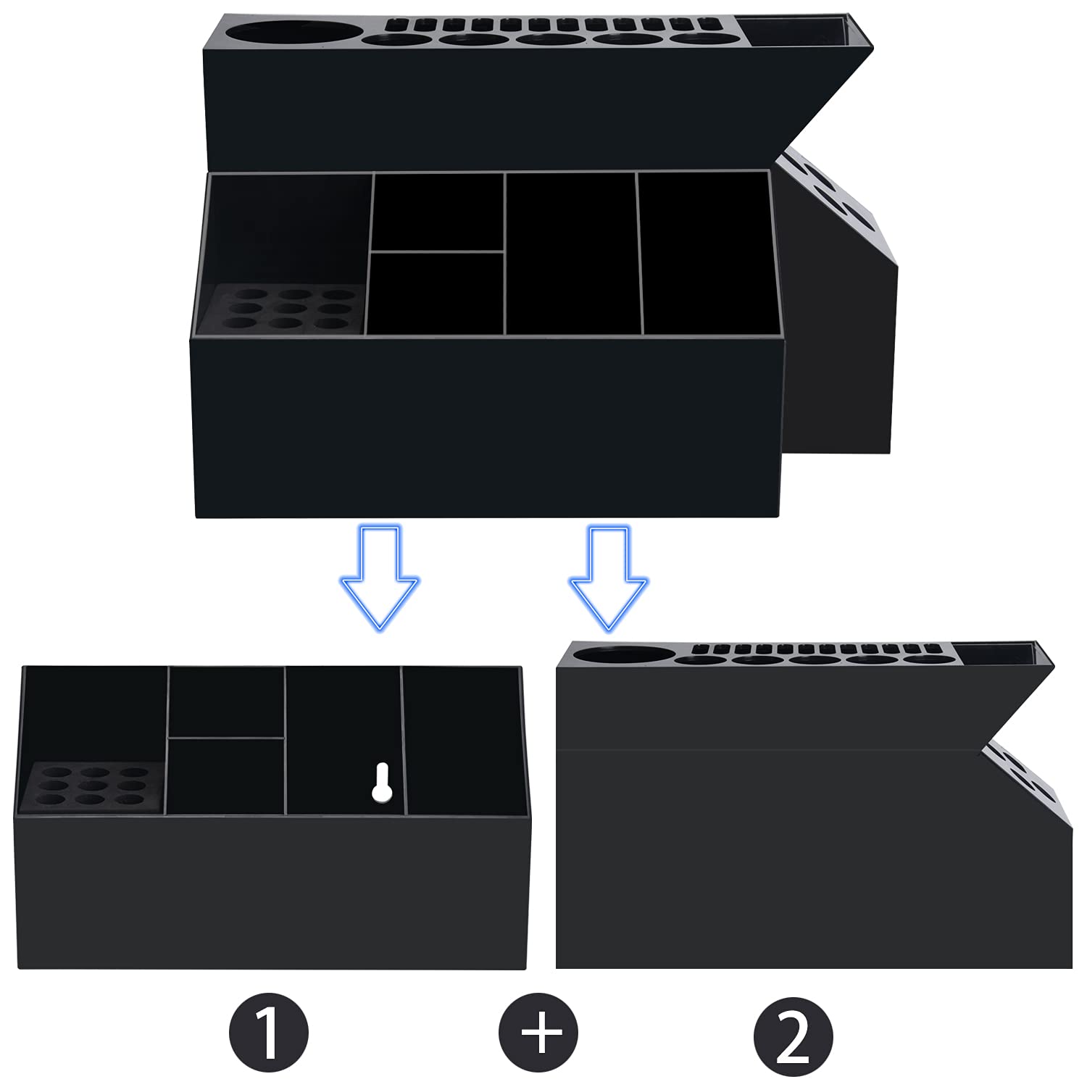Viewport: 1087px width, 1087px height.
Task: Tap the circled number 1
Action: pos(268,1033)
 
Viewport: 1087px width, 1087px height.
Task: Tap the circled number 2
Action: pos(793,1033)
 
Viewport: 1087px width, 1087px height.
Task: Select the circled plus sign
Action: pos(538,1033)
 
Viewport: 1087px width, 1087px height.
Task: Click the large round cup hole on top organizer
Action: pos(294,35)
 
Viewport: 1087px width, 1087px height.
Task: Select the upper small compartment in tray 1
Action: pos(227,701)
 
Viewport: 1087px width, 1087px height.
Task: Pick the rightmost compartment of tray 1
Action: pos(464,739)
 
